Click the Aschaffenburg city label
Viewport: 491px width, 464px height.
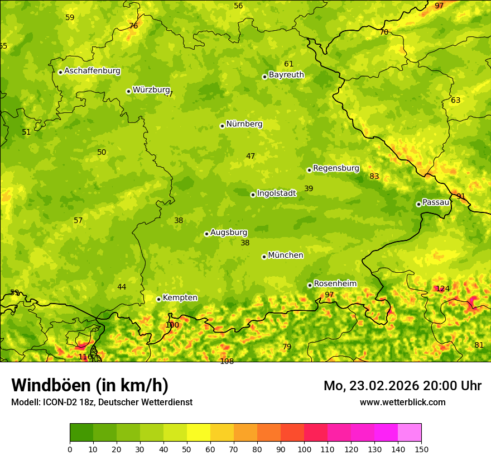click(x=92, y=71)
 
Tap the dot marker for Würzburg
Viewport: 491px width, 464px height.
click(x=128, y=91)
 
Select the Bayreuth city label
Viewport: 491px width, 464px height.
click(x=286, y=74)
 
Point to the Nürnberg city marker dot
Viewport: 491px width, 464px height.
click(x=222, y=126)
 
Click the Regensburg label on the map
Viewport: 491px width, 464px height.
click(x=336, y=168)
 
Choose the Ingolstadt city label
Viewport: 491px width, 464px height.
click(x=276, y=193)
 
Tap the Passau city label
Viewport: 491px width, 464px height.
click(x=436, y=202)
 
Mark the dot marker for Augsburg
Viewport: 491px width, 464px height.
click(x=206, y=234)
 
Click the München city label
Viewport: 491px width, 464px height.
click(x=286, y=255)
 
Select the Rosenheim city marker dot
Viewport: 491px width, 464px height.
click(x=310, y=285)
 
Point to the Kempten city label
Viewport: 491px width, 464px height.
click(x=180, y=297)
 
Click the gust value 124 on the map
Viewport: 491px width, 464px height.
click(x=442, y=288)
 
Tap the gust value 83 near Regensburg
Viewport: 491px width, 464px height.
click(x=374, y=177)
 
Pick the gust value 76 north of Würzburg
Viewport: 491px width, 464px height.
click(x=133, y=26)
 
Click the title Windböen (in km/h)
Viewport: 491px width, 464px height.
click(x=90, y=385)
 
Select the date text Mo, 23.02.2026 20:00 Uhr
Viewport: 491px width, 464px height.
click(x=402, y=386)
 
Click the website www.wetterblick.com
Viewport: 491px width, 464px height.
click(x=402, y=402)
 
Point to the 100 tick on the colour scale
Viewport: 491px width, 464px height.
click(x=304, y=449)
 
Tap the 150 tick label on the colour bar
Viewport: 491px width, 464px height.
click(x=421, y=449)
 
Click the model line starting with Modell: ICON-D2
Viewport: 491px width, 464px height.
click(x=102, y=402)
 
